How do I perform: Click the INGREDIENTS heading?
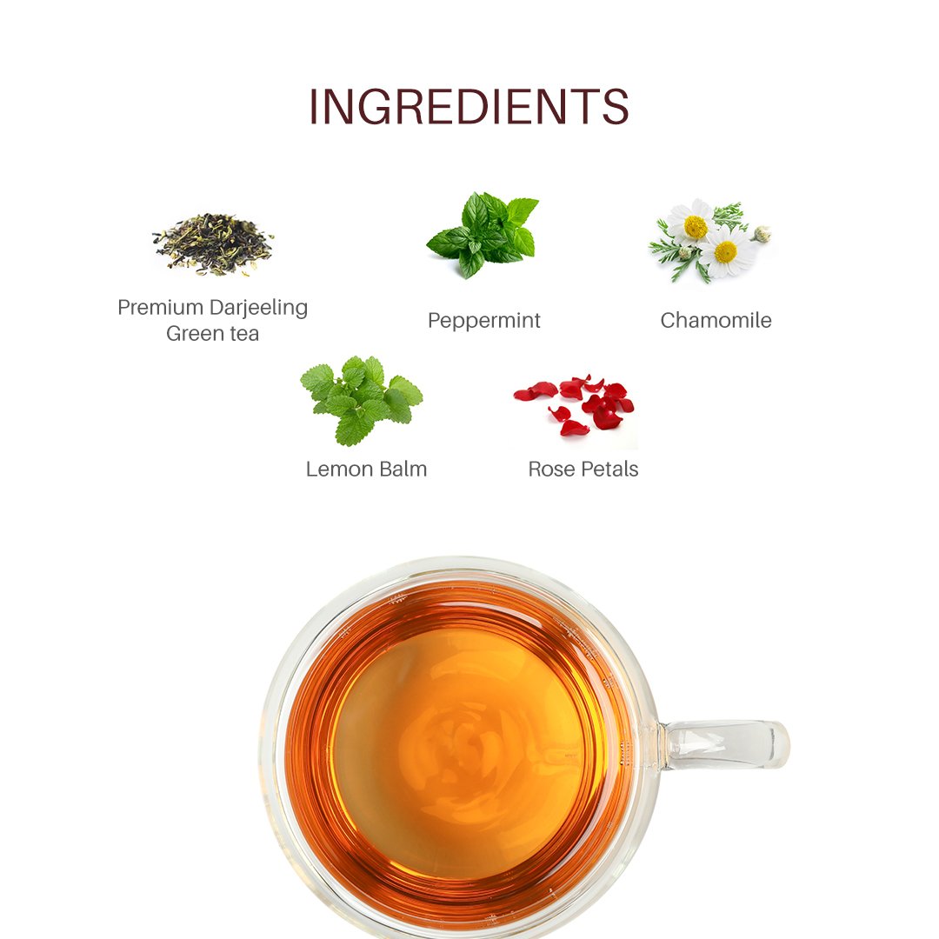469,107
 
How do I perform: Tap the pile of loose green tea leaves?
213,244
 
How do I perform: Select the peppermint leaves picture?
483,235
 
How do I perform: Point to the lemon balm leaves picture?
361,400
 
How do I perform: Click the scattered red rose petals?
574,405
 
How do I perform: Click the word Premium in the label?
161,307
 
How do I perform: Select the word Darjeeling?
259,309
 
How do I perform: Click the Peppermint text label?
484,321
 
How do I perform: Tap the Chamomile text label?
716,320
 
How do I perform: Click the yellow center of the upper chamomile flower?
696,226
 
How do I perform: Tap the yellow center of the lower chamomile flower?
725,252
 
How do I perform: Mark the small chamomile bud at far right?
763,234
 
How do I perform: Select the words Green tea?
213,334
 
